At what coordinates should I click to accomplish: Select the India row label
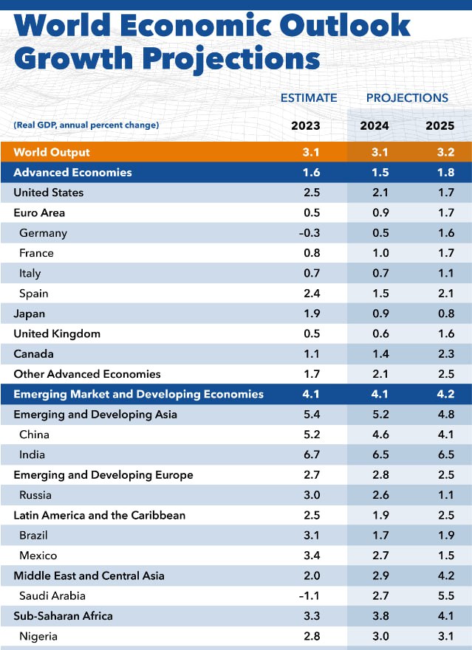point(33,454)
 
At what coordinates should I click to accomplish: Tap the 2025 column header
point(439,125)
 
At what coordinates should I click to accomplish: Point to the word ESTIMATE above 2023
point(309,97)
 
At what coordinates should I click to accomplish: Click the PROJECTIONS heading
point(407,97)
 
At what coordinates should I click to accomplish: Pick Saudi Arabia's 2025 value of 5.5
point(439,595)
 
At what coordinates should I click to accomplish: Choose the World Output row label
point(52,152)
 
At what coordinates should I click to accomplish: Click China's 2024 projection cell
point(374,435)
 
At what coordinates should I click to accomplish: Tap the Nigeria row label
point(38,636)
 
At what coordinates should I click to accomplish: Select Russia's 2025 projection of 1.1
point(439,495)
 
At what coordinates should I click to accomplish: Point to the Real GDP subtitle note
point(86,125)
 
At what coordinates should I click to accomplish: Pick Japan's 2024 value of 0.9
point(374,314)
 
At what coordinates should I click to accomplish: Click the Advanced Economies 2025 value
point(439,173)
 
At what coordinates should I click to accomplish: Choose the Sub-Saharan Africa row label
point(63,615)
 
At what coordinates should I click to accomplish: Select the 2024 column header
point(374,125)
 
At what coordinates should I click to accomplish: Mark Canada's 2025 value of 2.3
point(439,354)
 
